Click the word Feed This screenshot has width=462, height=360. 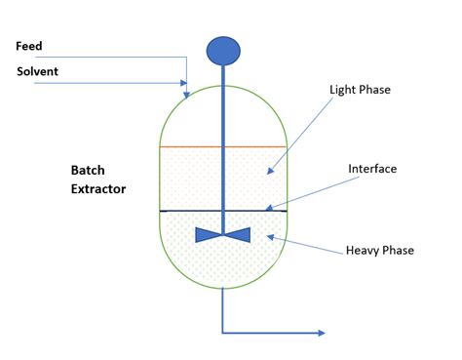pos(29,46)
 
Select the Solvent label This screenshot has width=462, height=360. pos(37,71)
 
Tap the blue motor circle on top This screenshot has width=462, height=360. pos(223,50)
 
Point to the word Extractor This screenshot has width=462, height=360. pos(97,189)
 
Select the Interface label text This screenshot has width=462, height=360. pos(372,169)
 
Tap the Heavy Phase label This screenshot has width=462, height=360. pos(380,250)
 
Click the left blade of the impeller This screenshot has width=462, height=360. pos(210,235)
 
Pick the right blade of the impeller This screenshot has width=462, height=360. pos(238,235)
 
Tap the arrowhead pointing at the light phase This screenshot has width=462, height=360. pos(270,172)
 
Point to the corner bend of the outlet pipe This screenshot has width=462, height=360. pos(223,334)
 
